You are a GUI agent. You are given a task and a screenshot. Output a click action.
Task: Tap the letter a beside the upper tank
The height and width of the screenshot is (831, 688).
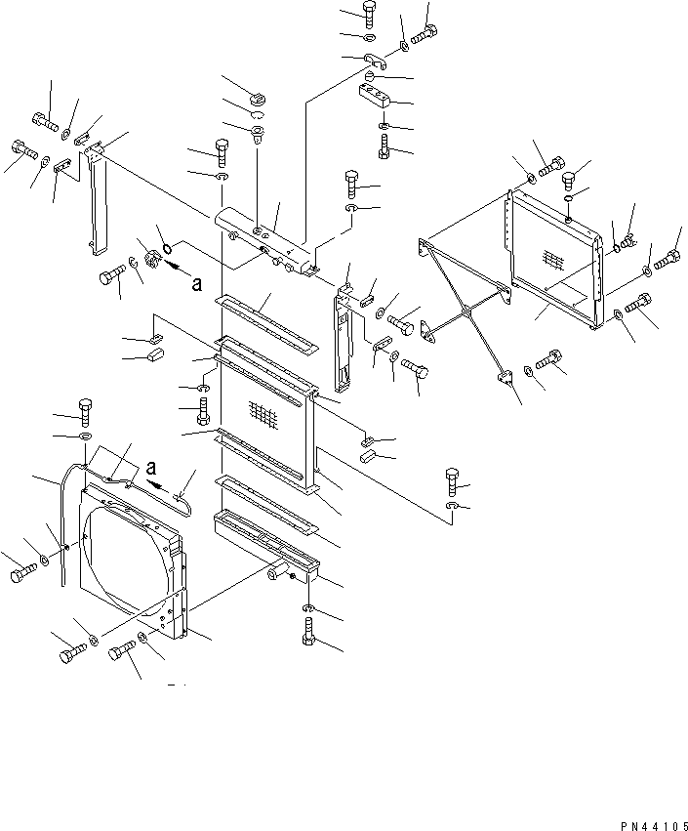(197, 284)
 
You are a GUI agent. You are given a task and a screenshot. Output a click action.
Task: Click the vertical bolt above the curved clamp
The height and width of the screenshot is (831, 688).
(369, 13)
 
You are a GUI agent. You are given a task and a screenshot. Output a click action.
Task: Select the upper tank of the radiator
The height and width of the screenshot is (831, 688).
(263, 239)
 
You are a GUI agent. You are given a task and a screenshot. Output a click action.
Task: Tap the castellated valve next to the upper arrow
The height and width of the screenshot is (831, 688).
(152, 259)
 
